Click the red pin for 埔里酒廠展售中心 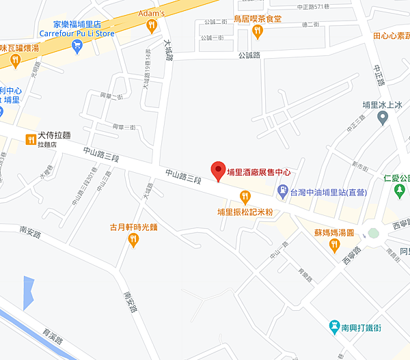click(218, 171)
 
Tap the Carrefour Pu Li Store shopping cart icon click(77, 46)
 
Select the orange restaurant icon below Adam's click(152, 25)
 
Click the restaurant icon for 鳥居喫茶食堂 click(258, 31)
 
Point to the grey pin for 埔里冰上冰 click(383, 118)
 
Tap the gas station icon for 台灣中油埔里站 click(282, 190)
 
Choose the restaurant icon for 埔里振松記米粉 click(245, 197)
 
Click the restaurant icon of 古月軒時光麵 click(134, 239)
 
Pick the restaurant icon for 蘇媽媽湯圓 click(334, 245)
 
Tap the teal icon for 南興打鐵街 click(334, 327)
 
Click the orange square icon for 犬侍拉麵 click(31, 139)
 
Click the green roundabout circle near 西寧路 click(373, 233)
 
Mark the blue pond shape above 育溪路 click(28, 292)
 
